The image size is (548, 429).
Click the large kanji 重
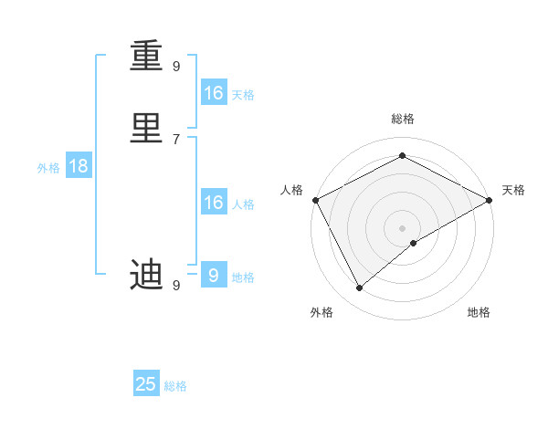(146, 57)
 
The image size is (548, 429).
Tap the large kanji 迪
(146, 274)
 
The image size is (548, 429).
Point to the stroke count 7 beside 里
(175, 139)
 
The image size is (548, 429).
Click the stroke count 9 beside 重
(175, 66)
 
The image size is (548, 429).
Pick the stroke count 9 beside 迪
(175, 286)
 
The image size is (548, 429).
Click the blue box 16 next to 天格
(214, 93)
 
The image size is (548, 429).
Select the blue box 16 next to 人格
(214, 203)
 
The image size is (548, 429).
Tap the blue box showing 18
(78, 166)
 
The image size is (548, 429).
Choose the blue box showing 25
(146, 384)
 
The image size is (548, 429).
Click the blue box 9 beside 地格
(214, 275)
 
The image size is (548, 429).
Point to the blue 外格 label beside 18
(48, 168)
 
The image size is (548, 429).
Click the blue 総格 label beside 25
(175, 386)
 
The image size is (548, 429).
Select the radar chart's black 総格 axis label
(402, 119)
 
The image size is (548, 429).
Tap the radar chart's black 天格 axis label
(513, 190)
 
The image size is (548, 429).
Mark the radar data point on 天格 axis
(490, 200)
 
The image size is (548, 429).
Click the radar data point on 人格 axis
(315, 200)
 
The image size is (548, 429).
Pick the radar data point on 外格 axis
(359, 288)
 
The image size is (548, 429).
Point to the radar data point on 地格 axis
(414, 243)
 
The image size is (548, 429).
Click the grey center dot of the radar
(402, 227)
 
